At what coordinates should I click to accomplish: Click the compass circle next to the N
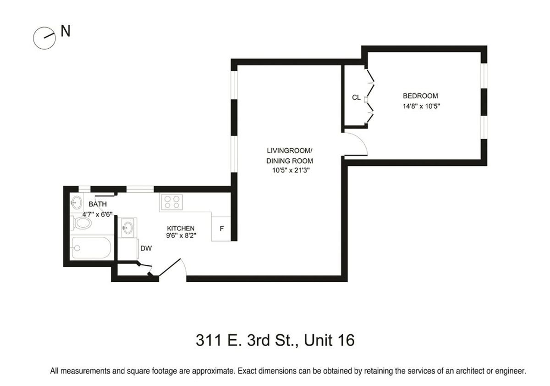point(44,37)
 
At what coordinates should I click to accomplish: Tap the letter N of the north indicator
point(66,32)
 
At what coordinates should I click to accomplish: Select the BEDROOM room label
point(420,96)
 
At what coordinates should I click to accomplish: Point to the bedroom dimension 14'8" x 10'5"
point(420,106)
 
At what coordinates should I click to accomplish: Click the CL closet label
point(356,98)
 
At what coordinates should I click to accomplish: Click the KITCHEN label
point(181,228)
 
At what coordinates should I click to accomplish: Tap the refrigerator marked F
point(222,228)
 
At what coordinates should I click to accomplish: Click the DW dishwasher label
point(146,248)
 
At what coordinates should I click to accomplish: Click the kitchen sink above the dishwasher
point(128,227)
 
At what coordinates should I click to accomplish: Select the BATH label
point(98,204)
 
